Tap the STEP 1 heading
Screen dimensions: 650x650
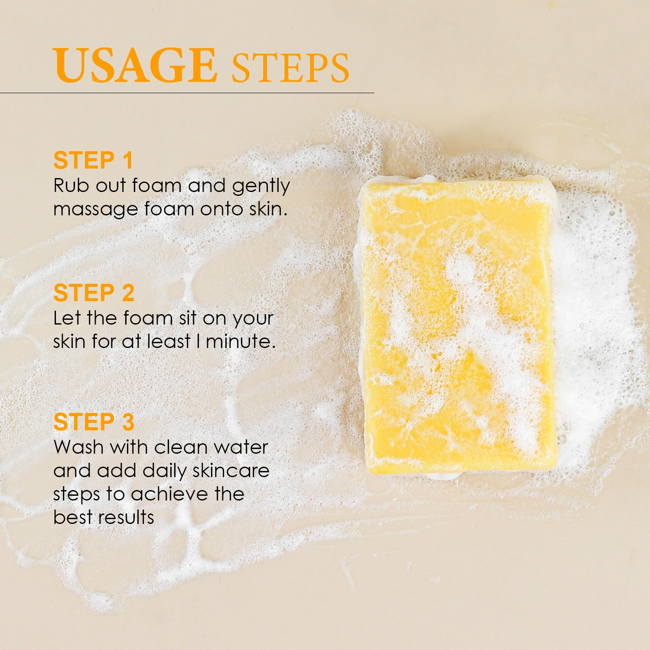(x=93, y=160)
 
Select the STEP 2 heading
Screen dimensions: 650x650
(x=94, y=293)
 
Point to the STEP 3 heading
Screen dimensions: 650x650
(x=94, y=422)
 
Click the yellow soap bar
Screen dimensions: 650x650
(x=458, y=325)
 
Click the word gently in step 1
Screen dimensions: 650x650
(x=261, y=186)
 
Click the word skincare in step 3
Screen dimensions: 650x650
(x=231, y=471)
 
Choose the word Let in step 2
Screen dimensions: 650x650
(x=67, y=318)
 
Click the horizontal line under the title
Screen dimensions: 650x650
(x=187, y=93)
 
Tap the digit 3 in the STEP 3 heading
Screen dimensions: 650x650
(x=128, y=422)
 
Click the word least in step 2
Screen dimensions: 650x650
(x=169, y=341)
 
